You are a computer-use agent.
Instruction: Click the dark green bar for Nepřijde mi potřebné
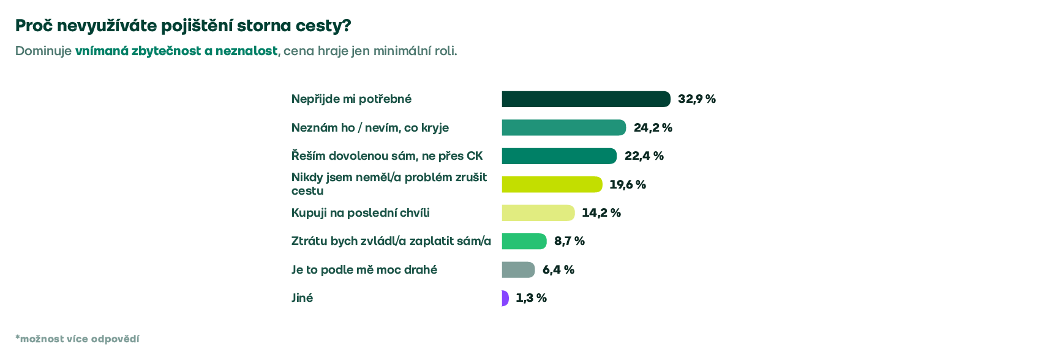(x=586, y=99)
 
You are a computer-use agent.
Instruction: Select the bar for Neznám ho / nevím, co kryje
(x=564, y=127)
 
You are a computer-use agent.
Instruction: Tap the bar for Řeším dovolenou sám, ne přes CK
(x=559, y=156)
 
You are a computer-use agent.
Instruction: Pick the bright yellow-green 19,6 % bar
(x=552, y=184)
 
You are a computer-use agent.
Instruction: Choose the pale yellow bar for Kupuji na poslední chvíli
(x=538, y=213)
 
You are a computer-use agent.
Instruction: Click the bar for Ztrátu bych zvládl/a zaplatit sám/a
(x=524, y=241)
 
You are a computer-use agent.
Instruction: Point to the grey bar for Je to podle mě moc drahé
(x=519, y=269)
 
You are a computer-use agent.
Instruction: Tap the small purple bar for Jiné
(x=505, y=298)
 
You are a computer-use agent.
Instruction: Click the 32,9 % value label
(x=697, y=99)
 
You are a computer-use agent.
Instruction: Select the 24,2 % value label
(x=653, y=127)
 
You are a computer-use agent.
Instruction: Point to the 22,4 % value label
(x=644, y=156)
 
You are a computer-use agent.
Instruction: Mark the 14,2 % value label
(x=601, y=213)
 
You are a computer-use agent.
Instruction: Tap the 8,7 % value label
(x=570, y=241)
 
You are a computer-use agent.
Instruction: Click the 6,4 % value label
(x=558, y=269)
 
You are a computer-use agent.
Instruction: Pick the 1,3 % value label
(x=531, y=298)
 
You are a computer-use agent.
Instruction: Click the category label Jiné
(x=302, y=298)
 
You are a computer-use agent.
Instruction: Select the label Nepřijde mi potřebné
(x=352, y=99)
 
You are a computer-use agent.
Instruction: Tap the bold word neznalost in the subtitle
(x=246, y=51)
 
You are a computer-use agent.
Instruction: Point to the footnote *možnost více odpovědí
(x=77, y=339)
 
